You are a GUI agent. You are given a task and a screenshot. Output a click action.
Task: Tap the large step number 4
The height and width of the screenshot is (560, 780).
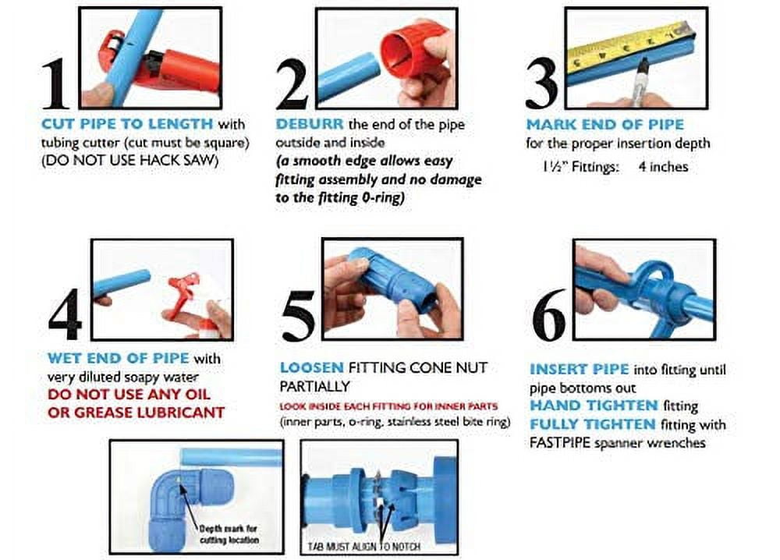64,317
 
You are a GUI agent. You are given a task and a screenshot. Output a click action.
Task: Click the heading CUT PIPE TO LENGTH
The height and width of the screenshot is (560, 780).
126,124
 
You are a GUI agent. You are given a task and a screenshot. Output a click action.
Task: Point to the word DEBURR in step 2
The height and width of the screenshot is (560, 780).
310,124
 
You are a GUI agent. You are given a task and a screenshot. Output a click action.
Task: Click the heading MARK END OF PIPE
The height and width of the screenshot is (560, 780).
604,124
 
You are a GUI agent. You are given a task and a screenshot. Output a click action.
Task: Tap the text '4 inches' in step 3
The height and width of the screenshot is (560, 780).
663,166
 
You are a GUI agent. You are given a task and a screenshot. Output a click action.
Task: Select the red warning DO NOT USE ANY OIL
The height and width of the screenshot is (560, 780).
129,395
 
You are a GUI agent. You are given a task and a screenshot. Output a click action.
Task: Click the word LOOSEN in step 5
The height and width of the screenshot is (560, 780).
312,367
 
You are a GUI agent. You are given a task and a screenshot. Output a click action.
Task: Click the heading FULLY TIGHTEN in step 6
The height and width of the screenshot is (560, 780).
593,424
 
